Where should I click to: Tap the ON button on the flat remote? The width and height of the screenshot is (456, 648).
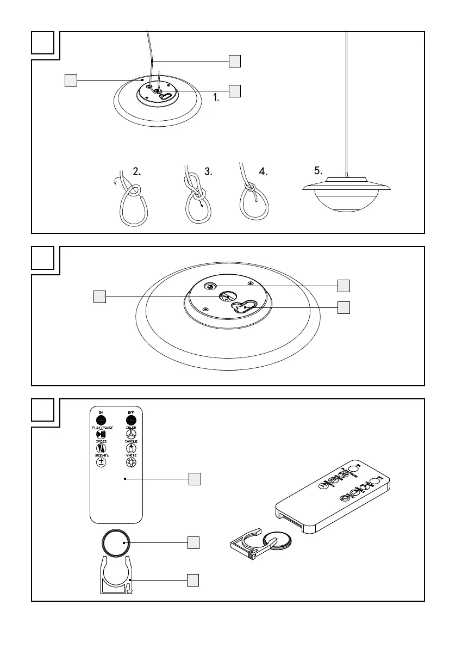coord(101,419)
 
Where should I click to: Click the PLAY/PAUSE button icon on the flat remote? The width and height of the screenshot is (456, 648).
coord(101,435)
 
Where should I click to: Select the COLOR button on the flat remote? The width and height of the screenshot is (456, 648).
coord(131,435)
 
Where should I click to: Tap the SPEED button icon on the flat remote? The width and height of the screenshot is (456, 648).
coord(101,449)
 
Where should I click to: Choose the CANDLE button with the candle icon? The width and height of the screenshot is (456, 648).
coord(131,449)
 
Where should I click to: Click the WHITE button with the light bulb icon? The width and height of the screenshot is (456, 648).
coord(131,462)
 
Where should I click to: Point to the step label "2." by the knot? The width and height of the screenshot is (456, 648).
coord(137,170)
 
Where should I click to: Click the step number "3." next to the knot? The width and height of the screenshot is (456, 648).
coord(208,171)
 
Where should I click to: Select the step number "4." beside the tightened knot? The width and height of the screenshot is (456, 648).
coord(264,171)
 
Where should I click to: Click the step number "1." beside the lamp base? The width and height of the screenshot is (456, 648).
coord(216,99)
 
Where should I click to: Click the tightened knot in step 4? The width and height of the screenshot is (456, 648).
coord(251,188)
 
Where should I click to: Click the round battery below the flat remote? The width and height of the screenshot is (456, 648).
coord(117,542)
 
